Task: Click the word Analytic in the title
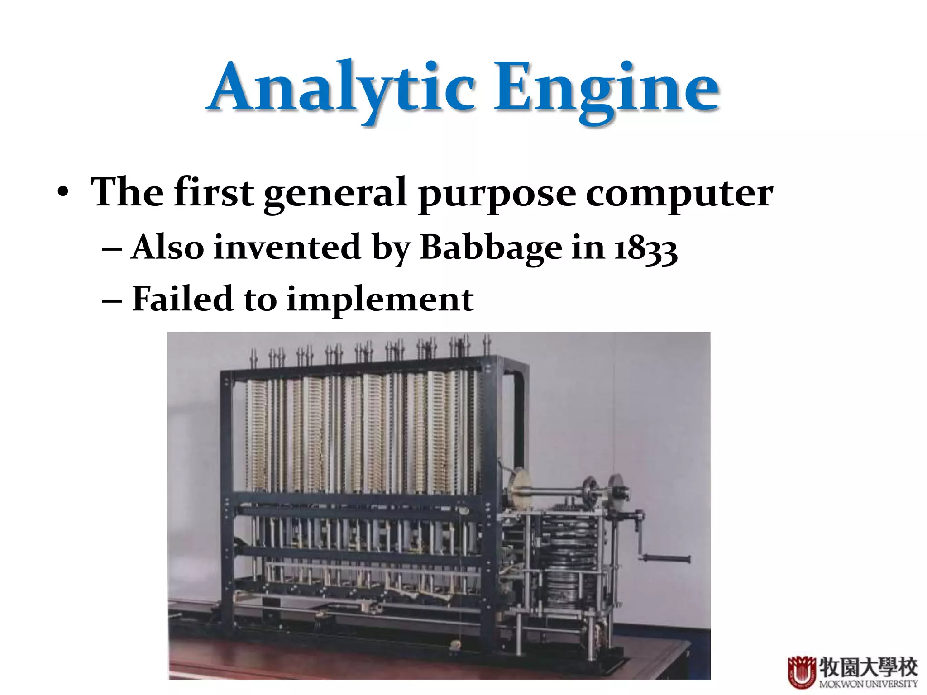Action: tap(342, 88)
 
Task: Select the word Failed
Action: tap(182, 299)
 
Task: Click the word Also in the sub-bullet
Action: tap(167, 248)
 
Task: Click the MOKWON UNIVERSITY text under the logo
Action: tap(868, 684)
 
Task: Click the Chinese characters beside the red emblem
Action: tap(868, 666)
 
